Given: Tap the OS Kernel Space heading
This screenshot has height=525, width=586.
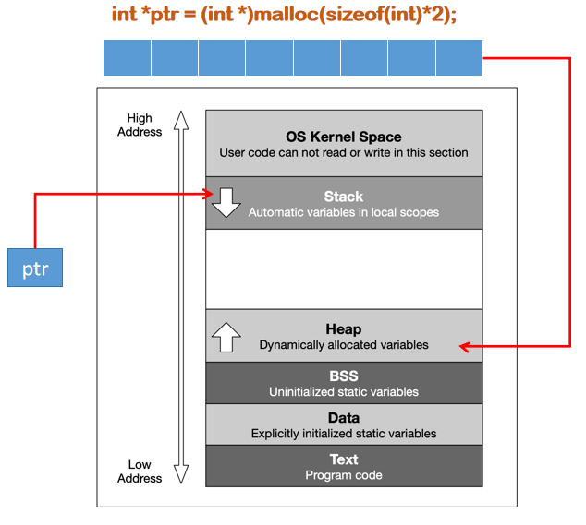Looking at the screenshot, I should (x=344, y=137).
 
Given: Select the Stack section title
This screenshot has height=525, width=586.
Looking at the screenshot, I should (x=344, y=197).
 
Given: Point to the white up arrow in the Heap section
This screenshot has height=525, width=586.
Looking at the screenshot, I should (x=226, y=337).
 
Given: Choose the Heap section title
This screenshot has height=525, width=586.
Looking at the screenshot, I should (x=344, y=329).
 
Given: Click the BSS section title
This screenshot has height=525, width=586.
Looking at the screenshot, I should (x=344, y=376).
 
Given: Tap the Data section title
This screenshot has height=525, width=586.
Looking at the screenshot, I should (x=344, y=418).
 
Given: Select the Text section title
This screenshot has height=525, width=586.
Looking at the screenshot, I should (x=344, y=459).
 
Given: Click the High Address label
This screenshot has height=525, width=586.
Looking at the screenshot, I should (x=140, y=125).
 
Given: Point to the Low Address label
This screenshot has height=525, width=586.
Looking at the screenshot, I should (x=140, y=471).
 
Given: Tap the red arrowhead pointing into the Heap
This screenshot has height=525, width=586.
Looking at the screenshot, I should (x=465, y=347).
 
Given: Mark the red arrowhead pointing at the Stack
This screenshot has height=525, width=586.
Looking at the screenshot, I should (x=208, y=194).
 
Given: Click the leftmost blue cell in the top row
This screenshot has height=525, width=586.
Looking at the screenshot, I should (x=127, y=57).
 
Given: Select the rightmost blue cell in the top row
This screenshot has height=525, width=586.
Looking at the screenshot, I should (x=458, y=57).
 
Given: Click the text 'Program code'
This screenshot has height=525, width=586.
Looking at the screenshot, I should (x=344, y=475).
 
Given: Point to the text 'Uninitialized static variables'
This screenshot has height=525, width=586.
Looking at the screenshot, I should (x=344, y=392).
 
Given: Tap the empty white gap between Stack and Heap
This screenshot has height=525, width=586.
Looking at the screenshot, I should (x=344, y=268).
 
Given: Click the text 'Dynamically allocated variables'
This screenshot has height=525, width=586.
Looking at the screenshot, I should (x=344, y=345).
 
